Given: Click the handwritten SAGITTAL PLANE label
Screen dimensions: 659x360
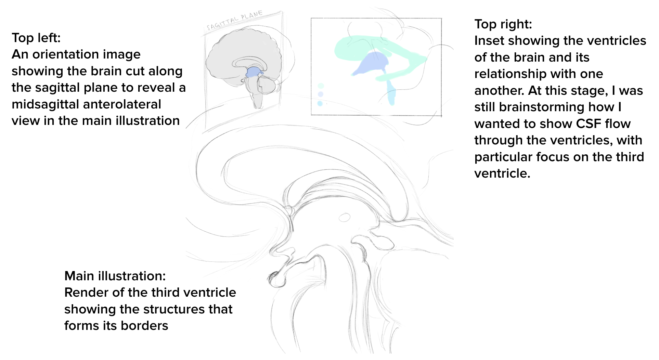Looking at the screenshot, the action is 235,20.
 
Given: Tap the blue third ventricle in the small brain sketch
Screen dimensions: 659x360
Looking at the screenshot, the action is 253,72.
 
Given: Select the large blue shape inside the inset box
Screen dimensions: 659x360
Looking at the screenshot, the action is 373,64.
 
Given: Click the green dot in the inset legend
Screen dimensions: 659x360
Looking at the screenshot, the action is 321,86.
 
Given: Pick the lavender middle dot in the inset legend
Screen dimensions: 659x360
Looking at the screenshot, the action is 321,94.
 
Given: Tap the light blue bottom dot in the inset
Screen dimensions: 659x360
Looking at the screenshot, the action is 320,103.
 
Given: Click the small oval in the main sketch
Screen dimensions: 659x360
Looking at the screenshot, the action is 344,217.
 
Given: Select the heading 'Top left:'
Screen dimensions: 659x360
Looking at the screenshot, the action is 36,38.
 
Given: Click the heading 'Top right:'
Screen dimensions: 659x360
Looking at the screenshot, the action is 503,24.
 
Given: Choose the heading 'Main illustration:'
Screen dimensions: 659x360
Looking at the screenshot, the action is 115,276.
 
